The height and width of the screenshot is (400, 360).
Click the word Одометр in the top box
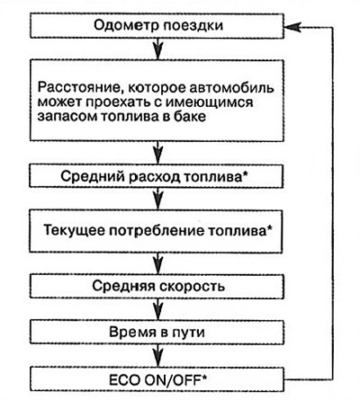tap(126, 25)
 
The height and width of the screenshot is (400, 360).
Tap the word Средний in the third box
tap(93, 176)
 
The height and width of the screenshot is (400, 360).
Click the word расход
tap(155, 177)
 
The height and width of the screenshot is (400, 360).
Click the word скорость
tap(192, 287)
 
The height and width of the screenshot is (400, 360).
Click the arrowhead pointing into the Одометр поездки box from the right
tap(291, 27)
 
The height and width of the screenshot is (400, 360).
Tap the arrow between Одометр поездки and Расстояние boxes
tap(158, 49)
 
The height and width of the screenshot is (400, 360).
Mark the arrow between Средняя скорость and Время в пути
tap(158, 309)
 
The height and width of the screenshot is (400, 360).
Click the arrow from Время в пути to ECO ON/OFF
tap(158, 355)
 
